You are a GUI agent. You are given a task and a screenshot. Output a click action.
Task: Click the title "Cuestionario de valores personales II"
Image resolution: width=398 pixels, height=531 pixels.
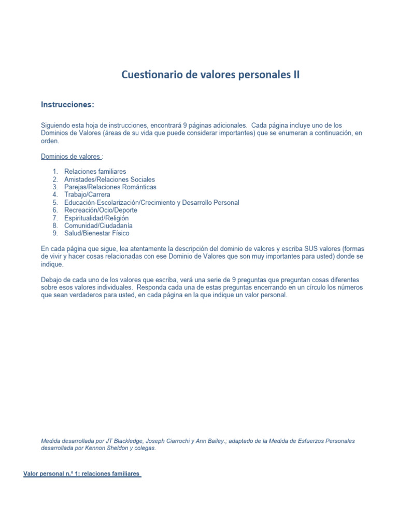(x=210, y=75)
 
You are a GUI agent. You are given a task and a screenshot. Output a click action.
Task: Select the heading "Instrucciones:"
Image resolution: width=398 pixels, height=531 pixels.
(x=67, y=105)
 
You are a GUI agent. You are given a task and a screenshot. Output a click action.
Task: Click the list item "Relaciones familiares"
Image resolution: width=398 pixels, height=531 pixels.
(x=95, y=172)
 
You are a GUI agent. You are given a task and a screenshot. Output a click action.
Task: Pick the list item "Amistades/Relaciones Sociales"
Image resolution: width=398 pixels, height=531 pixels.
(x=109, y=179)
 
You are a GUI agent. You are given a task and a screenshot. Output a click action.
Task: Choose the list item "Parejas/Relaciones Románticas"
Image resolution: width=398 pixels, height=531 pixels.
(x=110, y=187)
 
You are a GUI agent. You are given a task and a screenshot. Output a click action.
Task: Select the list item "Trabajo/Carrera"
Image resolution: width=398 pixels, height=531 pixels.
(x=87, y=195)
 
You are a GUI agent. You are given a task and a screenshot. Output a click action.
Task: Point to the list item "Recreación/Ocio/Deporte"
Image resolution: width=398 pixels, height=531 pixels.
(x=101, y=211)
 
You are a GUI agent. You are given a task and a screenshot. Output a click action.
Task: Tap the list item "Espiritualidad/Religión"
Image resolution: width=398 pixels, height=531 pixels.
(x=96, y=218)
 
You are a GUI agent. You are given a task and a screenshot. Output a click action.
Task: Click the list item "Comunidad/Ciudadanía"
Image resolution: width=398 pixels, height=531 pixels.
(x=98, y=226)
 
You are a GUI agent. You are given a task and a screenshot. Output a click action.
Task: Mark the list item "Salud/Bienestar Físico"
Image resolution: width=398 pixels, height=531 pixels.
(x=96, y=234)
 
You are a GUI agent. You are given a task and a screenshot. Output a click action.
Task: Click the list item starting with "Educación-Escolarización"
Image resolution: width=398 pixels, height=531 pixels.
(x=151, y=203)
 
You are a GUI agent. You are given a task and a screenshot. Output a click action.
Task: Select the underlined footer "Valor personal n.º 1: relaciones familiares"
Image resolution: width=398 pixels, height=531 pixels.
(x=82, y=474)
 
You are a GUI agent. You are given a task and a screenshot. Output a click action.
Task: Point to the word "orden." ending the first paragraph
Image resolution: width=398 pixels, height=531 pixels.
(x=50, y=141)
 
